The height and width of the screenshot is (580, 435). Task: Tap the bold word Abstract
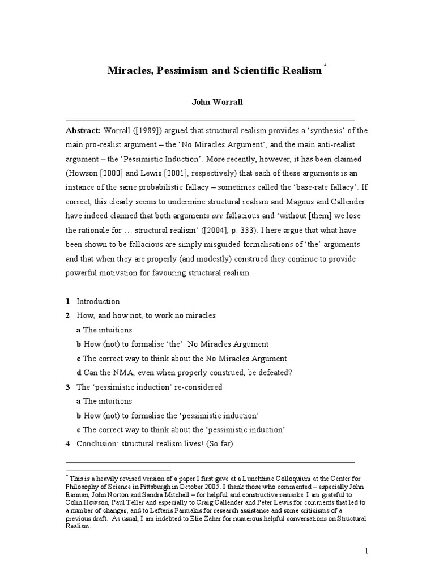[x=83, y=130]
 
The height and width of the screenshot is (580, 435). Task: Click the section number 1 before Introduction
[x=68, y=301]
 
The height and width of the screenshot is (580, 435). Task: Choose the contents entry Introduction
[x=98, y=301]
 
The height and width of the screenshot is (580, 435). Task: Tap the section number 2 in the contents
[x=68, y=315]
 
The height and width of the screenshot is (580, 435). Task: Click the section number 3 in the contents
[x=68, y=387]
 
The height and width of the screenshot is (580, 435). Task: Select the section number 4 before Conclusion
[x=68, y=444]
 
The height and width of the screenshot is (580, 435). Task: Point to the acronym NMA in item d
[x=118, y=373]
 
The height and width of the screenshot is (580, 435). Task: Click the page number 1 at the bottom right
[x=367, y=551]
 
